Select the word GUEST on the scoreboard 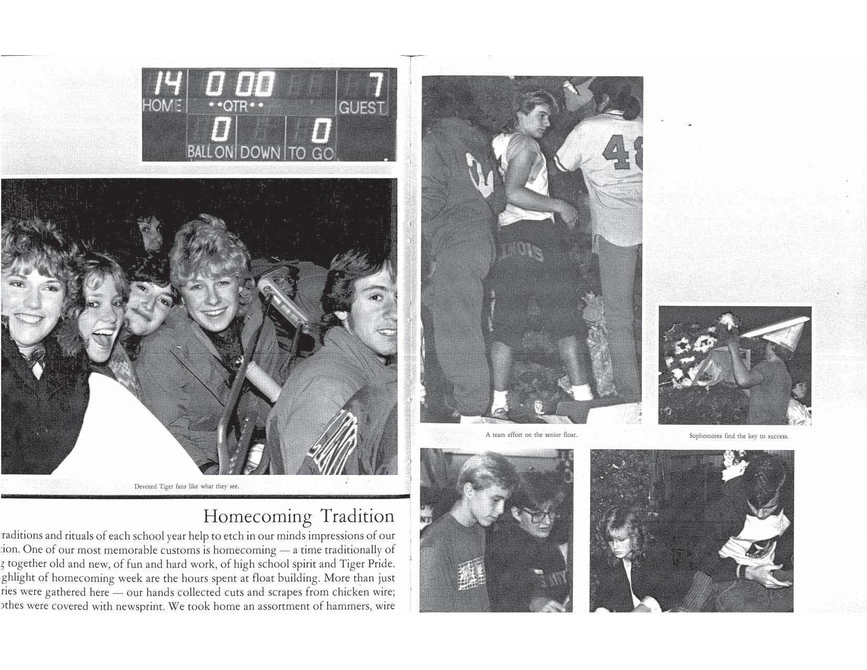(x=362, y=108)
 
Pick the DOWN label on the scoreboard (x=261, y=153)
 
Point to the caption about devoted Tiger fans (x=187, y=486)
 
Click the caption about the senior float (x=531, y=435)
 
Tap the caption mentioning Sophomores (x=738, y=436)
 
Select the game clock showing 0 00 (x=239, y=84)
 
